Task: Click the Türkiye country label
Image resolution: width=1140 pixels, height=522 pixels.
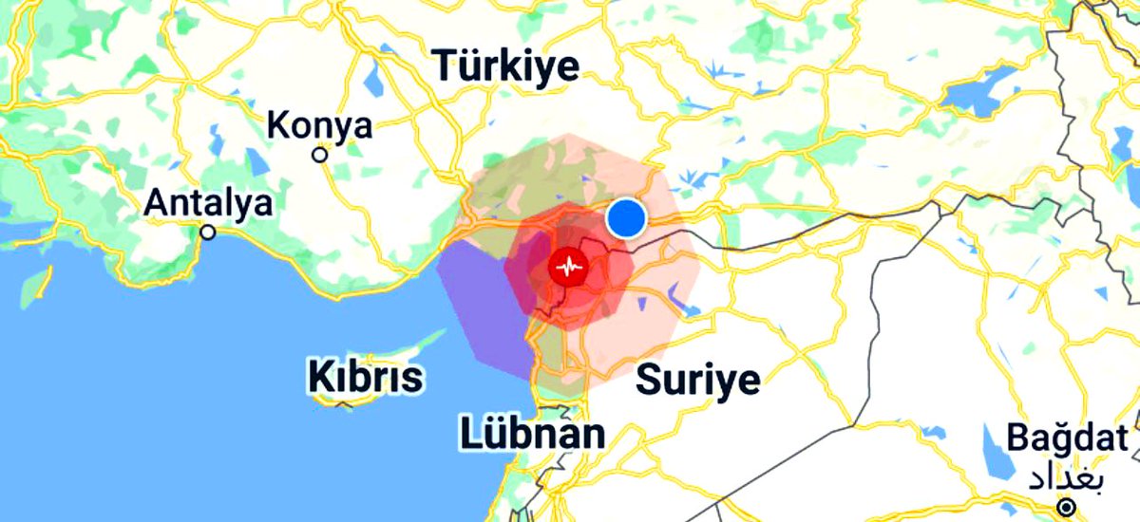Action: (x=505, y=66)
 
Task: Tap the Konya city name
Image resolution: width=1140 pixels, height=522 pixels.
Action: (x=320, y=124)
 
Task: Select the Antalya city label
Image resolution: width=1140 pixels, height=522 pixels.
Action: (x=208, y=202)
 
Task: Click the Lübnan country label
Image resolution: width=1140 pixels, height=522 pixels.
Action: (x=533, y=435)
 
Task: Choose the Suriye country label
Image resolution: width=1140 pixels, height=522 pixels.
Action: (x=698, y=380)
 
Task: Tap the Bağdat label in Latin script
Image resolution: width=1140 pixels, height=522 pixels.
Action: (x=1068, y=439)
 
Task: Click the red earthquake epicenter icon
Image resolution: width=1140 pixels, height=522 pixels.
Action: (x=569, y=268)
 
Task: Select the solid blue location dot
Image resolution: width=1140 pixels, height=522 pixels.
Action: (x=626, y=218)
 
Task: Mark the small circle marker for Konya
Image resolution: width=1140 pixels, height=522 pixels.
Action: (x=321, y=154)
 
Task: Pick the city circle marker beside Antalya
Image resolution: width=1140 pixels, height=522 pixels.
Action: (x=208, y=232)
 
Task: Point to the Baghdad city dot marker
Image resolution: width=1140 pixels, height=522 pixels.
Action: (x=1069, y=505)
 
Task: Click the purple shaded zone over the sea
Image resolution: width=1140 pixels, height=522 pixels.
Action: (x=480, y=304)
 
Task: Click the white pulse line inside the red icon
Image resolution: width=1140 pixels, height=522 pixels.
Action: (x=569, y=268)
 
